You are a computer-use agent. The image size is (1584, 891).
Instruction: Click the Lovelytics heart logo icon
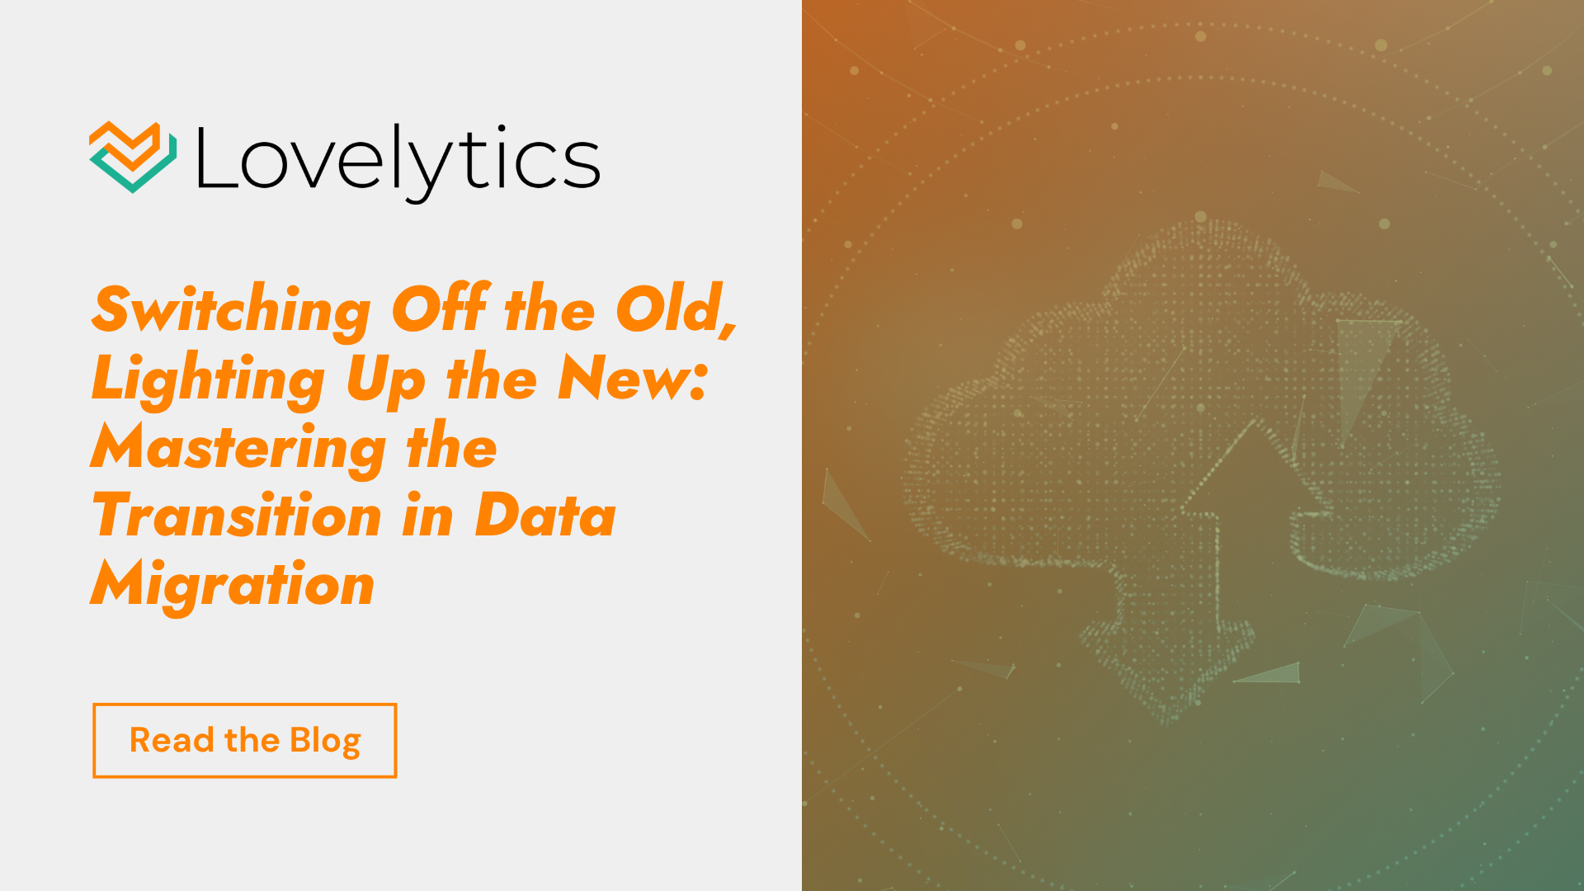coord(133,157)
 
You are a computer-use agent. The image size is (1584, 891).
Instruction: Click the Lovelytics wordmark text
coord(398,161)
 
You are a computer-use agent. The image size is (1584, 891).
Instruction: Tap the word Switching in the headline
coord(232,312)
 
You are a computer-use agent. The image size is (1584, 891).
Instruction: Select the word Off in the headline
coord(441,308)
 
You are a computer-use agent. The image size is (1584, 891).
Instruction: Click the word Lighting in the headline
coord(209,379)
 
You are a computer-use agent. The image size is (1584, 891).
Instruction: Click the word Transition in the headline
coord(238,516)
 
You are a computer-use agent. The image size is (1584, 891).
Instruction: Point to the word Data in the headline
coord(545,516)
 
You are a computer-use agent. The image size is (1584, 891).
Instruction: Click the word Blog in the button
coord(325,741)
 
